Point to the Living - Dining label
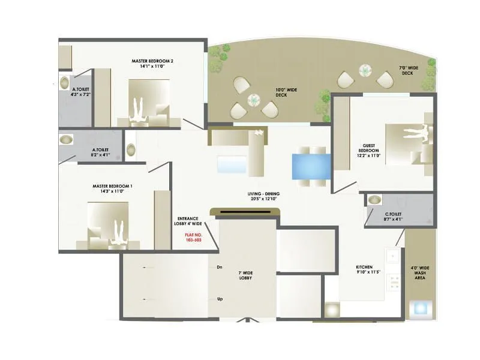265,196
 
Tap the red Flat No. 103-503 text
193,236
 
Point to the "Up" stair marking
220,298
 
